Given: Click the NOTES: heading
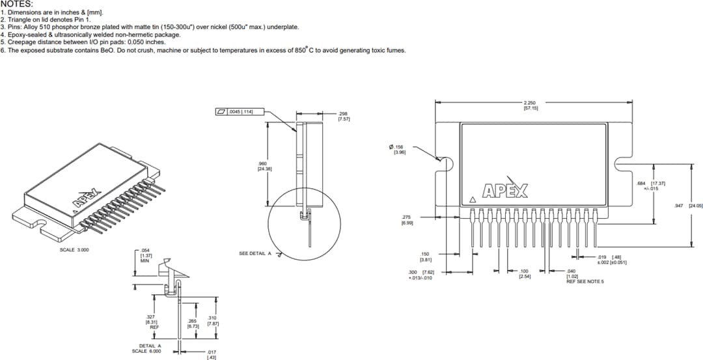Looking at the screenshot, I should point(18,4).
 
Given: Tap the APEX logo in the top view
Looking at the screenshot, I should point(505,191).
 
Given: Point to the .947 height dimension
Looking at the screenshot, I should point(683,206).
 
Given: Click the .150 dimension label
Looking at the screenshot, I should point(425,256).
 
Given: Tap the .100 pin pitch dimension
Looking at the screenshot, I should point(525,273).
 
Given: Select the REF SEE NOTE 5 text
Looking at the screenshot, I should point(585,281).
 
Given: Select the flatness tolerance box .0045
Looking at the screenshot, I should point(238,112).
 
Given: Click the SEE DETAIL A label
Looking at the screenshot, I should point(255,253).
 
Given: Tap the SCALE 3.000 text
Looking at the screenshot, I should point(74,249).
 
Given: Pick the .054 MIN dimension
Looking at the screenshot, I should point(145,255).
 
